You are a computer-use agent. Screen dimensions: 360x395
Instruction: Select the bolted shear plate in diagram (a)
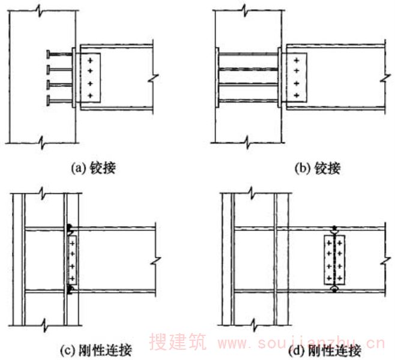coord(91,78)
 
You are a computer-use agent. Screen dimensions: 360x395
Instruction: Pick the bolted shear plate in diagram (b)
coord(297,78)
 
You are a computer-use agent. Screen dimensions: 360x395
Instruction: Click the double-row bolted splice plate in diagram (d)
coord(334,259)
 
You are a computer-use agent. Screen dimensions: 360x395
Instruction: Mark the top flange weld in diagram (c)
coord(70,227)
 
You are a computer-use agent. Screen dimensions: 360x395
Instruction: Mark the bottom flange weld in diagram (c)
coord(70,291)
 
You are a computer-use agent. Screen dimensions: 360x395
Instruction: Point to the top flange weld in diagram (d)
coord(334,229)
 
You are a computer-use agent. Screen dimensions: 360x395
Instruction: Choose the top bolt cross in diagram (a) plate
coord(91,61)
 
